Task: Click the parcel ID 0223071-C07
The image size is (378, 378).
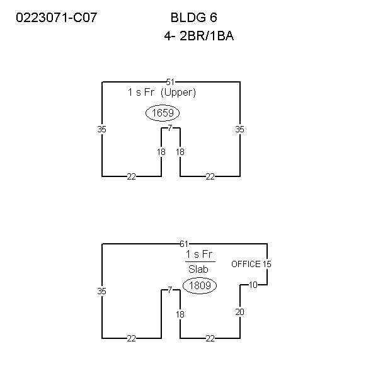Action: coord(57,18)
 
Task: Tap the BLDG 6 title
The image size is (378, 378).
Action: coord(194,18)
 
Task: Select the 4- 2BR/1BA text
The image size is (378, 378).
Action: coord(199,36)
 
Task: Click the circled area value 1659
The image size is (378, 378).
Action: coord(163,113)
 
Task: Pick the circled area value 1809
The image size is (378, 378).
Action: coord(200,285)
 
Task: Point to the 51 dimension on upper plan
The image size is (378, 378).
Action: coord(170,82)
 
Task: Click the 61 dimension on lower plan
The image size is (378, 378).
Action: coord(184,244)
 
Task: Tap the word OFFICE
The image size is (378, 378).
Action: coord(246,264)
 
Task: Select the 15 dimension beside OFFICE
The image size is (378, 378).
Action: coord(267,264)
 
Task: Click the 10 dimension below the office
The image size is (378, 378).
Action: coord(253,285)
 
